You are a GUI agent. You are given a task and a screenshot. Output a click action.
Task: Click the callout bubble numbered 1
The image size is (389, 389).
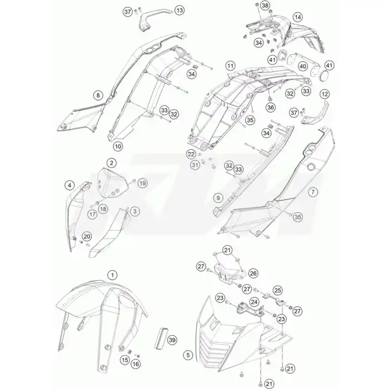coord(112,275)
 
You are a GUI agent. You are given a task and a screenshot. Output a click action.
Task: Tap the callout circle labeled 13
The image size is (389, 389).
coord(179,11)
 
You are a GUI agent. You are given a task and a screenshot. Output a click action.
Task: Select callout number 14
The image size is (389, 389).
coord(297,17)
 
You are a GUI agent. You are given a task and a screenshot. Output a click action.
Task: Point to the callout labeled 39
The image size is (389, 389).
coord(172,340)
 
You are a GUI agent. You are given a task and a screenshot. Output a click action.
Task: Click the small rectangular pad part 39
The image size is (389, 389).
coord(161,337)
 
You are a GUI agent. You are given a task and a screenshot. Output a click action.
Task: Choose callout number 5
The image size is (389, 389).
coord(188,355)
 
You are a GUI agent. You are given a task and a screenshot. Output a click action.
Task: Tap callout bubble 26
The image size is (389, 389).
coord(253,273)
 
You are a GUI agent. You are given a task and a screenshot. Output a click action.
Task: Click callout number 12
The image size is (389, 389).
coord(325,94)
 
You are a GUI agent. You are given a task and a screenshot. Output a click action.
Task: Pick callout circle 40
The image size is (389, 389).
coord(303,66)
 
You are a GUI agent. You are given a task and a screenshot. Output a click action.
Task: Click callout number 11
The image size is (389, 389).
coord(231,66)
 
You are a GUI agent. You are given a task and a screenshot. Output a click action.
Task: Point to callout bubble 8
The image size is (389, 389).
coord(98,95)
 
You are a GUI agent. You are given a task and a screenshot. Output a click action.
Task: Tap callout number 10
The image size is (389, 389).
coord(118,146)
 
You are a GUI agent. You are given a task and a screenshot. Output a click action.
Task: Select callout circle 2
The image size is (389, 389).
coord(111,163)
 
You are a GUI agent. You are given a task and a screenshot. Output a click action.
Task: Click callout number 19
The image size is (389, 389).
coord(142,183)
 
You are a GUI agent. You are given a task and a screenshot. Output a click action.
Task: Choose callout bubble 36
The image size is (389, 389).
coord(271,107)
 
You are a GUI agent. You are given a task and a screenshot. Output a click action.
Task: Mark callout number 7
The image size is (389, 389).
coord(313,192)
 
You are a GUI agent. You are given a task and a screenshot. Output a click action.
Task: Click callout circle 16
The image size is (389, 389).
coord(136,364)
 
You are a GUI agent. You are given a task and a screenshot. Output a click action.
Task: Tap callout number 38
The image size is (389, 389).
coord(265,6)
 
